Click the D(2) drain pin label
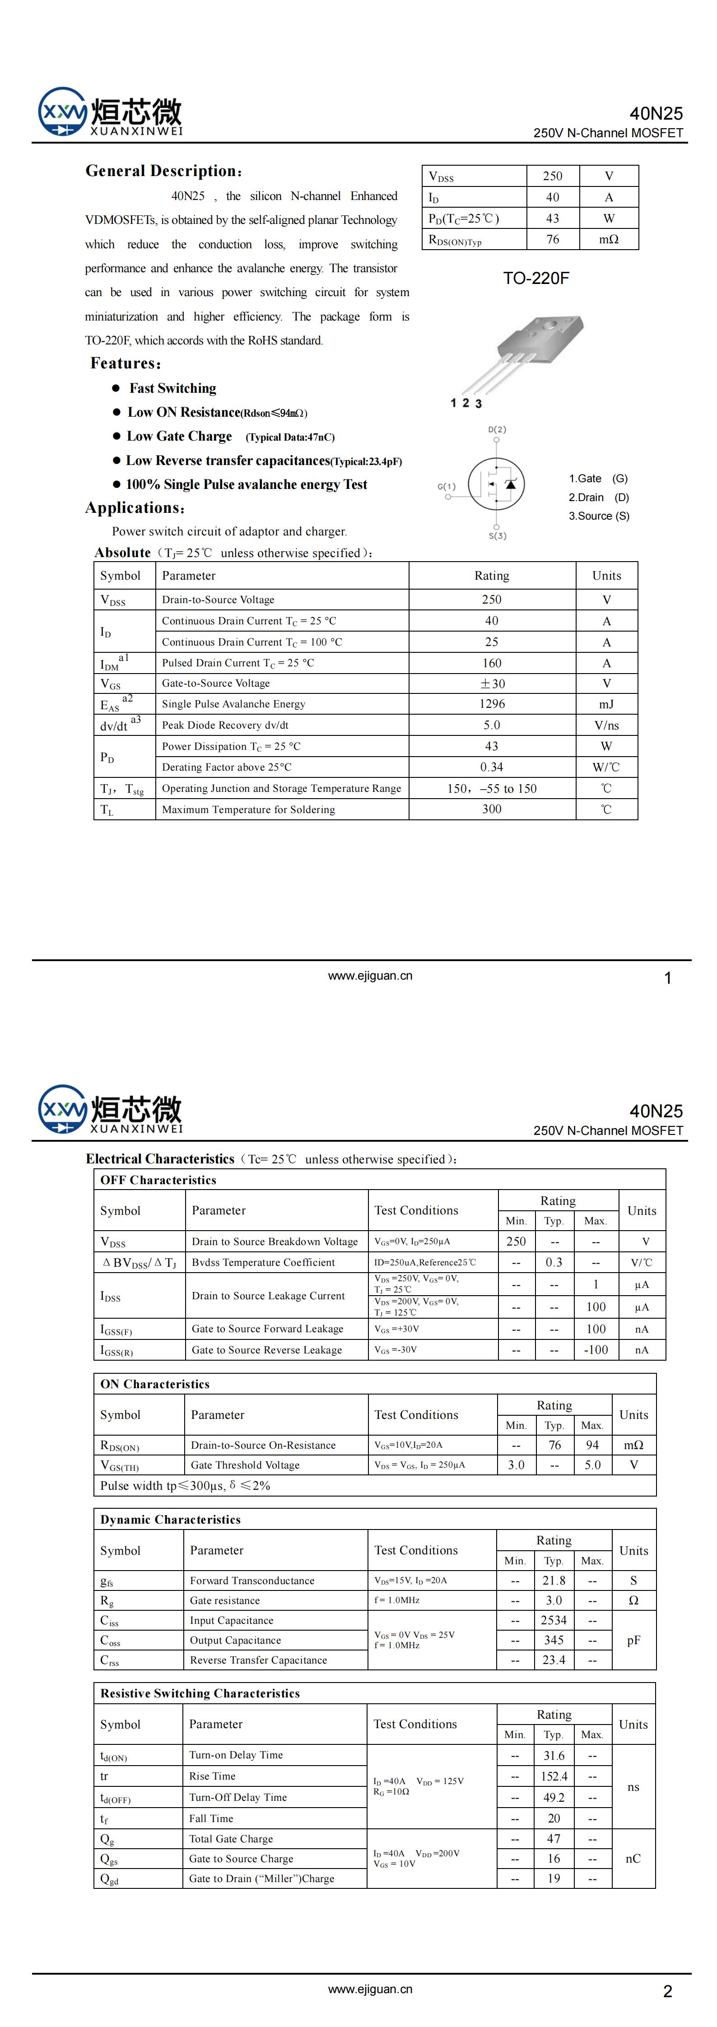(497, 430)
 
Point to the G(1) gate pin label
(446, 486)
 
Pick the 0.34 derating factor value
(492, 767)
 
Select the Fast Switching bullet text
(173, 388)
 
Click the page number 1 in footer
(667, 978)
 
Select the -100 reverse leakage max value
(596, 1349)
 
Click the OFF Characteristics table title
(158, 1180)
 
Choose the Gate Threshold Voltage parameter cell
(245, 1465)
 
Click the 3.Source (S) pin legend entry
(599, 516)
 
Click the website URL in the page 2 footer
(370, 1989)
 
